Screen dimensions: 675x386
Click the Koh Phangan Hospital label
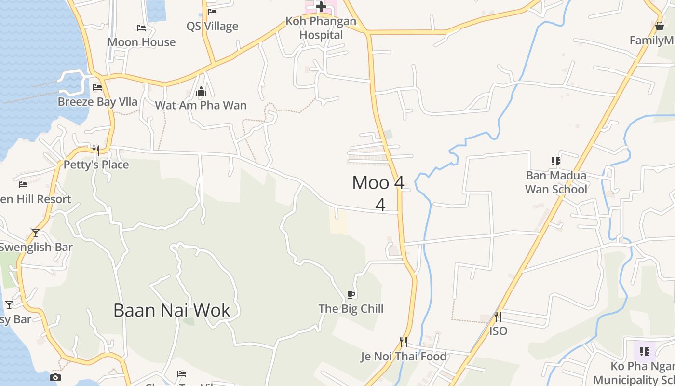[x=321, y=28]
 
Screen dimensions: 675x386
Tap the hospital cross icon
[x=321, y=7]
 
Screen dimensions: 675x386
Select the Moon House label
[x=142, y=42]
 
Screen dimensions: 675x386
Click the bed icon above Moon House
[x=141, y=28]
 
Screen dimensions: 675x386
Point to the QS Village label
[x=212, y=26]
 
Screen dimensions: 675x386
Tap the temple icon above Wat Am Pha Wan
[x=201, y=91]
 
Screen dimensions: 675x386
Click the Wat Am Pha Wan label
[x=201, y=105]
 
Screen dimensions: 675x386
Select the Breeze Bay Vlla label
[x=97, y=102]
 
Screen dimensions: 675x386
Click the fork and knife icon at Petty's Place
[x=96, y=151]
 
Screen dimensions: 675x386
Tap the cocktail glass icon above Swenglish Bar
[x=36, y=233]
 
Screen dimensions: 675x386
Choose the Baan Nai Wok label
[x=172, y=310]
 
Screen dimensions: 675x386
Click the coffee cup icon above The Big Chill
[x=351, y=294]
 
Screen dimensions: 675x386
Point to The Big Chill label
[x=351, y=309]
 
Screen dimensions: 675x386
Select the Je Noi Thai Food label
[x=404, y=357]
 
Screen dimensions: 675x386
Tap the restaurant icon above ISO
[x=498, y=317]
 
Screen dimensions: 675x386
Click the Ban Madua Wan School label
[x=556, y=182]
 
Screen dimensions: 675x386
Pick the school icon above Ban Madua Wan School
[x=556, y=161]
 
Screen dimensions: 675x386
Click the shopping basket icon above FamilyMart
[x=660, y=26]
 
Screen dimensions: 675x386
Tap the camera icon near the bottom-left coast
[x=55, y=377]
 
